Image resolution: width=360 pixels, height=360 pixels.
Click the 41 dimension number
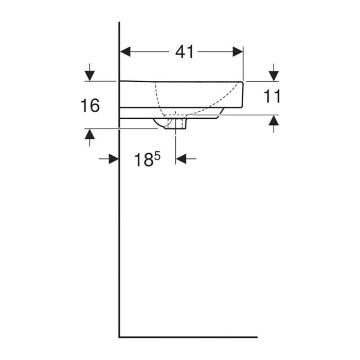point(184,51)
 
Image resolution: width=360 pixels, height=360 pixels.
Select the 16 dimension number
point(90,106)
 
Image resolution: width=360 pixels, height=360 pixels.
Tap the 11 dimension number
point(272,96)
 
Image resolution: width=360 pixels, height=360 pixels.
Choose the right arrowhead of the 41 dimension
point(238,51)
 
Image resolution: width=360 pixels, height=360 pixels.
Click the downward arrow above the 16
point(90,74)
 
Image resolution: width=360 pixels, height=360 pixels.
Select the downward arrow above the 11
point(274,74)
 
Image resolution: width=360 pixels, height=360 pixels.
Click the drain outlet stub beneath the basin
point(176,124)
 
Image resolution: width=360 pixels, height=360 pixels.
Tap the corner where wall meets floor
point(119,337)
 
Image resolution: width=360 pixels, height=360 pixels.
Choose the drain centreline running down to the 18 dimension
point(176,147)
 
